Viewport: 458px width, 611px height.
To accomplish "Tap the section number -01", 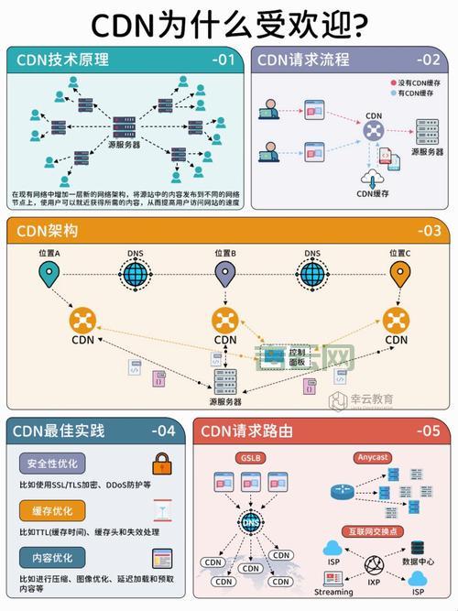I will click(223, 60).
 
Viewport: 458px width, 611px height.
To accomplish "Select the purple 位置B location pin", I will click(225, 273).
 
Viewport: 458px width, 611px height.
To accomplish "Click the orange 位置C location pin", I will click(399, 273).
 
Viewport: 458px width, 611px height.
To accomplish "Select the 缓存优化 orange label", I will click(51, 509).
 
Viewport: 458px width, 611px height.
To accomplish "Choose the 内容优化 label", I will click(51, 556).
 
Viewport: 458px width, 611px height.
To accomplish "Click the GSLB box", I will click(250, 456).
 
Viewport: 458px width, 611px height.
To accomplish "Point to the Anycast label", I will click(372, 456).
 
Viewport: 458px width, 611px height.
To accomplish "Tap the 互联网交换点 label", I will click(372, 531).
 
